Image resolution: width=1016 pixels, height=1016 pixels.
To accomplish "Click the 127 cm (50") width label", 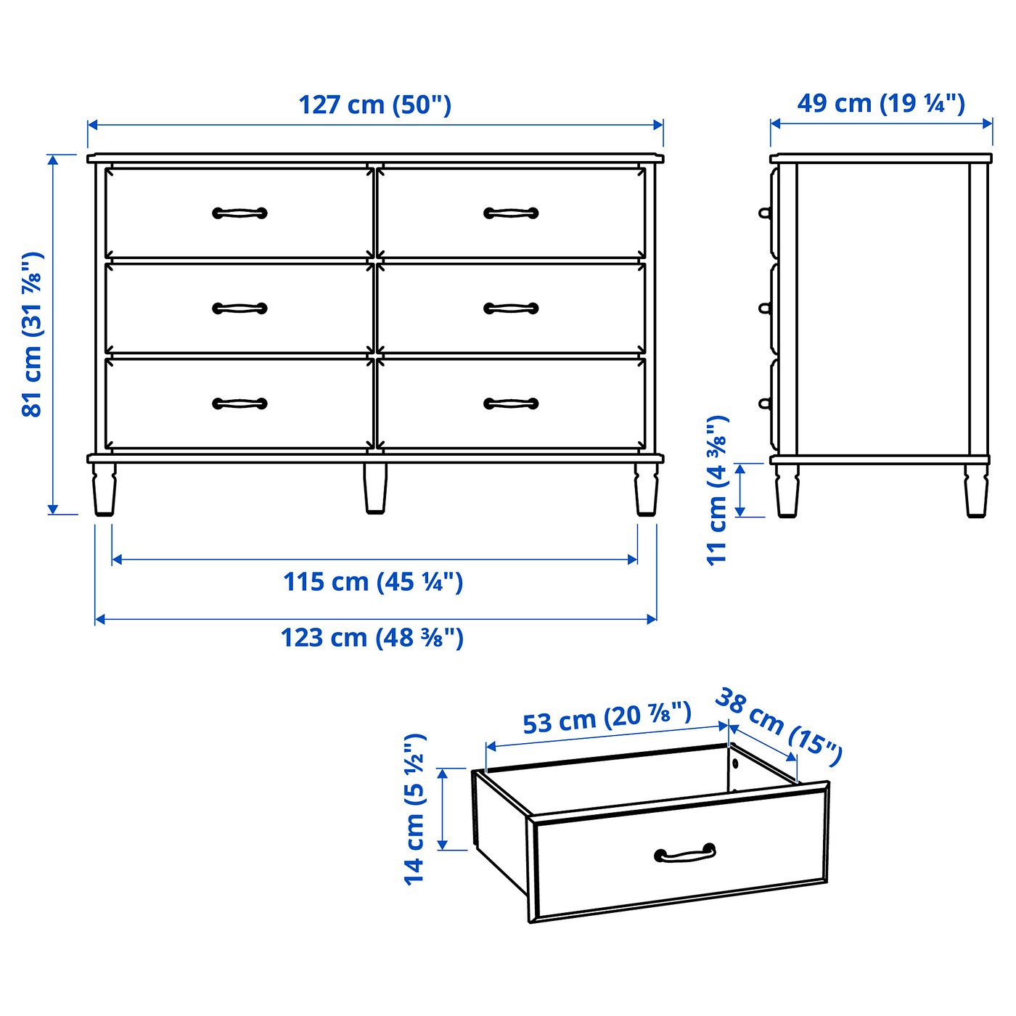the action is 375,105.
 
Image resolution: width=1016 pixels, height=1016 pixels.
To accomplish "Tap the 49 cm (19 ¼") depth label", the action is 881,103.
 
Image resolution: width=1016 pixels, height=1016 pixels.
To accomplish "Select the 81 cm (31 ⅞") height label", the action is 33,335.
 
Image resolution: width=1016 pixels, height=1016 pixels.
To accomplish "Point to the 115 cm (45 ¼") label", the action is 373,582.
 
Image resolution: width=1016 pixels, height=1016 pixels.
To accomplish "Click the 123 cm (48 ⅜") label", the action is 372,637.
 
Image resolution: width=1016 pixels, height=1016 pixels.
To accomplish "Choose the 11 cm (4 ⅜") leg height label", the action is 718,491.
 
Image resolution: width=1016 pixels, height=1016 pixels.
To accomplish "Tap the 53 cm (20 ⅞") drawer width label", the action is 607,718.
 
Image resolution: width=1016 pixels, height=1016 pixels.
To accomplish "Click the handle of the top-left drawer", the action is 240,213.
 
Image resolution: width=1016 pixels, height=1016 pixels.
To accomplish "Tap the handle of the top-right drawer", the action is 511,213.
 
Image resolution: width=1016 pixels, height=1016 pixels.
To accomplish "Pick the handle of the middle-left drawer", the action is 240,308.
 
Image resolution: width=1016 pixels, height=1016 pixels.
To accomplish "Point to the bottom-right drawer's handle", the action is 511,403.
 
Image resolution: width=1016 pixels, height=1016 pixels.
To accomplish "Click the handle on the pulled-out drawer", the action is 685,853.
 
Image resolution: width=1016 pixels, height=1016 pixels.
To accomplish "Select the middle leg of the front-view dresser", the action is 375,488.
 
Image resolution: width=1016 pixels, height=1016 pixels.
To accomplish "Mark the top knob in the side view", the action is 765,213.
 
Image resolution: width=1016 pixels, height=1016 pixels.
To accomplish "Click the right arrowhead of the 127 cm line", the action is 658,125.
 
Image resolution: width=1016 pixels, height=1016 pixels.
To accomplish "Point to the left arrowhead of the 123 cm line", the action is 100,619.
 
